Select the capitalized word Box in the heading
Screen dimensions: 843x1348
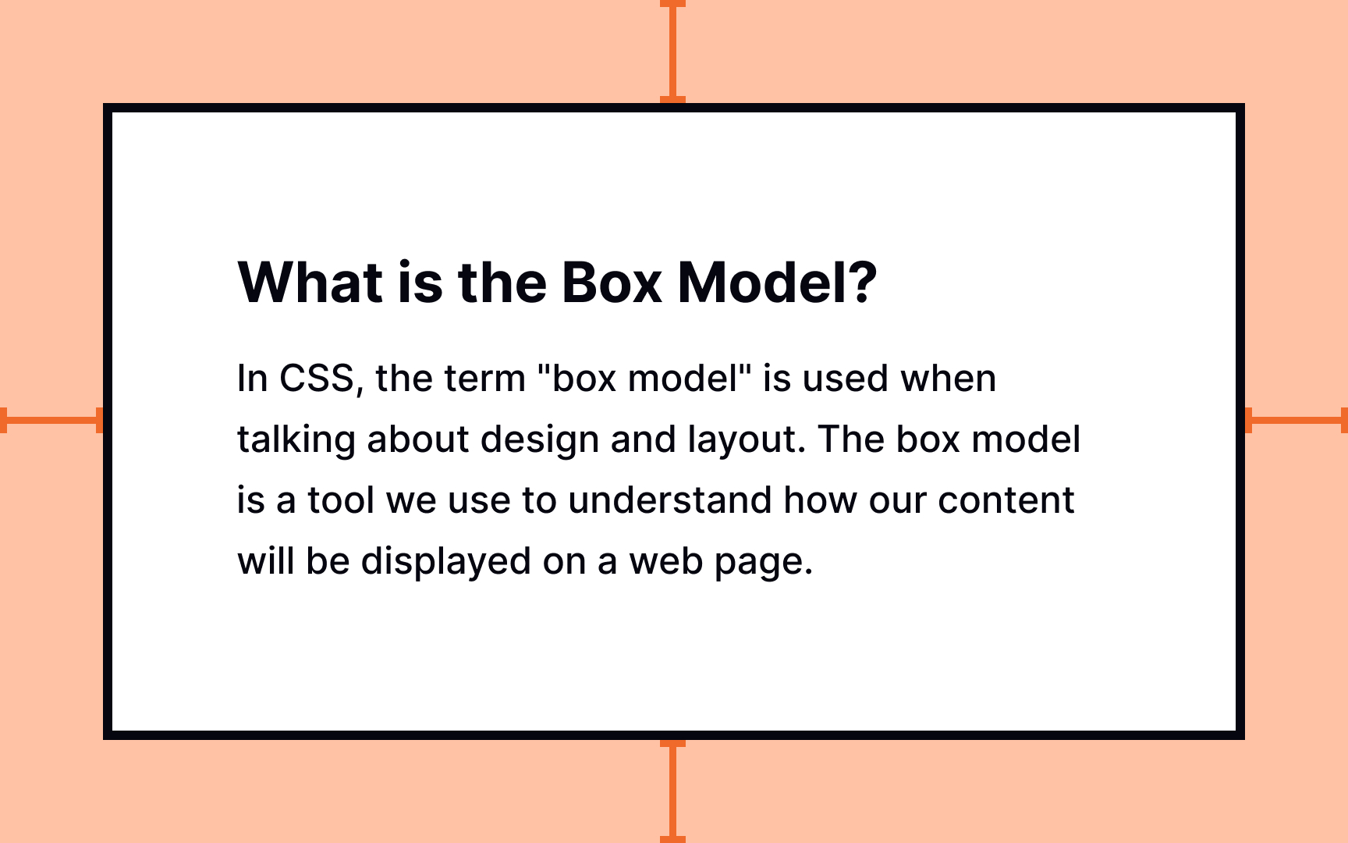(612, 282)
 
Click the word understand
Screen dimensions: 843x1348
(670, 500)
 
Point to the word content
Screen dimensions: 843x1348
(1006, 500)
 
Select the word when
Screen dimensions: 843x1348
(948, 379)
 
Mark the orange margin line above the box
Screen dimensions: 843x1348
(672, 52)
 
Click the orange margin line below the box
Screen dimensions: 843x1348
(672, 791)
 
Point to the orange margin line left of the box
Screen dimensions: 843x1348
(51, 420)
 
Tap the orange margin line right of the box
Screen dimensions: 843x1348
(1296, 420)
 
